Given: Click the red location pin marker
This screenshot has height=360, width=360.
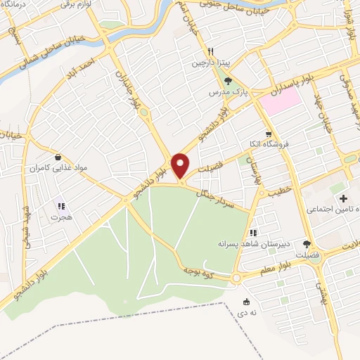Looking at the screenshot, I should [181, 166].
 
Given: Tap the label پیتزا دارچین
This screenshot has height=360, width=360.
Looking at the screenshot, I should [207, 63].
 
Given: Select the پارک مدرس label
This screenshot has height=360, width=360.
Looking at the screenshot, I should [223, 92].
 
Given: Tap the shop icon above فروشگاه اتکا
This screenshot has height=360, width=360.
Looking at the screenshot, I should [268, 134].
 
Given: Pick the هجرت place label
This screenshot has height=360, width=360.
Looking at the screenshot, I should [61, 217].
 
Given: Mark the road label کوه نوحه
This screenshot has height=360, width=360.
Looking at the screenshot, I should [200, 268].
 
